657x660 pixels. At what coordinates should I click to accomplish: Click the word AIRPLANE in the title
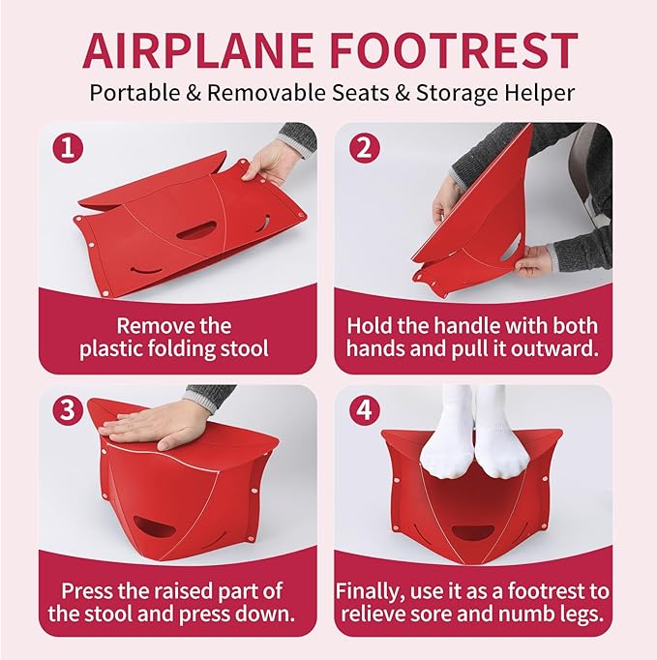[197, 50]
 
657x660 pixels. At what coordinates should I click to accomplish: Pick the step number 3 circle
[66, 411]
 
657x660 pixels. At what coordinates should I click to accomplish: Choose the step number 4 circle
[362, 411]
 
